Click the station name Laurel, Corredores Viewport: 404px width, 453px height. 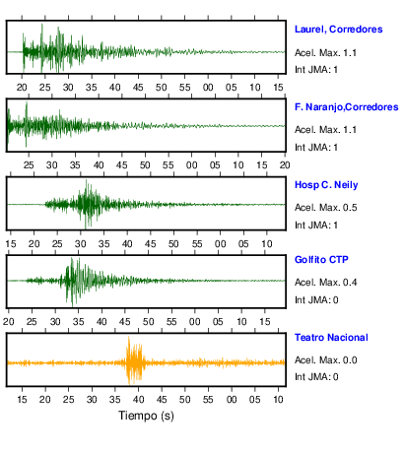(338, 30)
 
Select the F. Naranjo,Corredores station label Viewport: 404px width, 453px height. (346, 107)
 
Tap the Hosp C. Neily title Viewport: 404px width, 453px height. (326, 185)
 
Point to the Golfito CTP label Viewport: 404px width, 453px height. (321, 260)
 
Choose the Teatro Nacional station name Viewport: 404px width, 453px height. (331, 338)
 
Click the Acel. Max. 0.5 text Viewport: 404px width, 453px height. (325, 208)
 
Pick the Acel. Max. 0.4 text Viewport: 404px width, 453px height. (325, 283)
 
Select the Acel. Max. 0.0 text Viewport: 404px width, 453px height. (325, 360)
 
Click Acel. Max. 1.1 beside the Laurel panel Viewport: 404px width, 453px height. (325, 53)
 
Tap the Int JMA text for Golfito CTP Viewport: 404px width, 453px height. (316, 300)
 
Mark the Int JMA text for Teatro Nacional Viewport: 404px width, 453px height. (316, 377)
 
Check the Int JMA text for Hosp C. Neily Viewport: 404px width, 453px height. (316, 226)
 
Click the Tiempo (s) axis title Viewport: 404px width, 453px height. (146, 416)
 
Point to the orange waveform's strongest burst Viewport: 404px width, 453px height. (134, 361)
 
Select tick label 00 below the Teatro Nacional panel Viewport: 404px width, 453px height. (232, 400)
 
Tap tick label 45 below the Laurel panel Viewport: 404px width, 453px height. (138, 88)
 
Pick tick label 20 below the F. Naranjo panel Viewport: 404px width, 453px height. (285, 165)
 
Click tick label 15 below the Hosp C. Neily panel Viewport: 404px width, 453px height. (11, 244)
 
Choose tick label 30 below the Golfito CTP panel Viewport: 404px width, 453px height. (55, 321)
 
